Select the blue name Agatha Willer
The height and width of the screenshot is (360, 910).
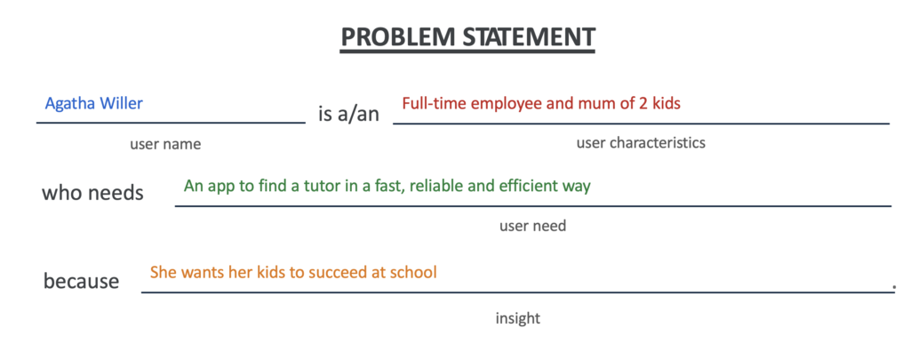click(x=94, y=103)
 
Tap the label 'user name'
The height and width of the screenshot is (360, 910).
click(x=165, y=144)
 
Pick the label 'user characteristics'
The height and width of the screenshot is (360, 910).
click(x=641, y=142)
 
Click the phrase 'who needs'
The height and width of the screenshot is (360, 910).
click(x=92, y=192)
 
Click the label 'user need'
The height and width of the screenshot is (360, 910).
click(x=532, y=226)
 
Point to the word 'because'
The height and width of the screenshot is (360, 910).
click(x=81, y=281)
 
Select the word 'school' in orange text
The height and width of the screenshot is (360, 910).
click(x=414, y=272)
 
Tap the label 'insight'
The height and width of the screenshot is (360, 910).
click(x=517, y=318)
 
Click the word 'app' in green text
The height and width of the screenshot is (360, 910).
click(x=217, y=187)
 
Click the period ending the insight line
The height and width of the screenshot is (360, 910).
click(x=894, y=286)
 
